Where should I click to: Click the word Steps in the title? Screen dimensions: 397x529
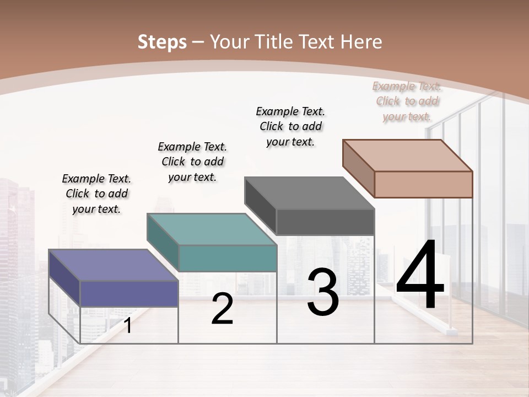(162, 42)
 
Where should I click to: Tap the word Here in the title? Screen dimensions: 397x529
(361, 42)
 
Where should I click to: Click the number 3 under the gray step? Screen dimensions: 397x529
(323, 292)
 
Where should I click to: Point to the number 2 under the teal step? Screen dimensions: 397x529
(222, 309)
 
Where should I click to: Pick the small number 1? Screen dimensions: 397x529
(128, 326)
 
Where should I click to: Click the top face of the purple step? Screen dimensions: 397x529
(114, 265)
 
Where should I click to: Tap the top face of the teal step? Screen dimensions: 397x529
(212, 229)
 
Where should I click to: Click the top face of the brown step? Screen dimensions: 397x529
(408, 155)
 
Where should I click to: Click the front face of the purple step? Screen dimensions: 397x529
(129, 293)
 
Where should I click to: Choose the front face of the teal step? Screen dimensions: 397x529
(228, 258)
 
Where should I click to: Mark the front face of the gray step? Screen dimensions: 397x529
(325, 222)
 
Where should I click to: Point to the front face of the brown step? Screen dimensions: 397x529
(423, 184)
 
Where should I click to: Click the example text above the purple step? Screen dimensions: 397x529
(96, 194)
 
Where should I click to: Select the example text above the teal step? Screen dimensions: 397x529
(192, 162)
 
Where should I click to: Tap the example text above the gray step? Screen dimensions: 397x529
(290, 126)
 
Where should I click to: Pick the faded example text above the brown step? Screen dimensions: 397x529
(407, 101)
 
